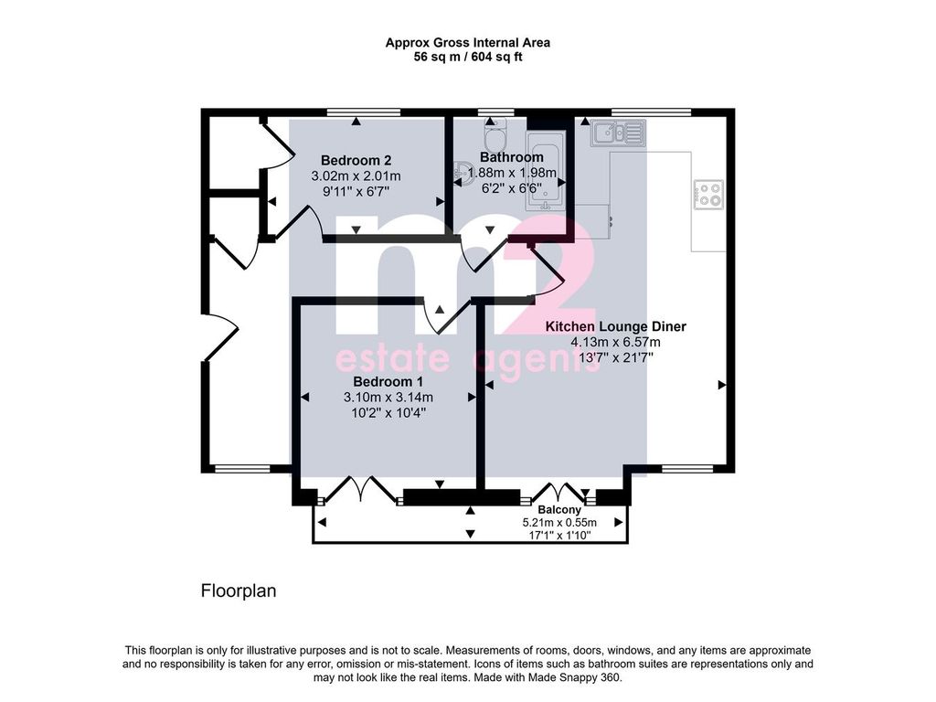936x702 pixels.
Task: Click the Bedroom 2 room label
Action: click(x=356, y=160)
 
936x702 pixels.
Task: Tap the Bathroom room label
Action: click(x=512, y=157)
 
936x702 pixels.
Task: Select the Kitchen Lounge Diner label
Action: click(x=616, y=326)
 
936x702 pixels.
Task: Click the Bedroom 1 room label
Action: click(x=388, y=381)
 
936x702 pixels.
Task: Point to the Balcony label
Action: click(x=559, y=510)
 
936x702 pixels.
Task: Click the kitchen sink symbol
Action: click(x=619, y=133)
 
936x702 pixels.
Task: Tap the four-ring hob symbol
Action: click(x=708, y=195)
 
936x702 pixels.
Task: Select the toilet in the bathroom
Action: click(x=495, y=133)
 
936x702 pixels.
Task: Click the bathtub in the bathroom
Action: click(x=545, y=172)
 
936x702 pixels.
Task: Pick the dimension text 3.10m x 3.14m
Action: click(x=388, y=397)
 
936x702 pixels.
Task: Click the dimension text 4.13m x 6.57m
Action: click(x=615, y=342)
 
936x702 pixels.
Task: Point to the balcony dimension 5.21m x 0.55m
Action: click(x=559, y=522)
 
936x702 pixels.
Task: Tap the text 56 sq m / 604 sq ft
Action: click(x=468, y=58)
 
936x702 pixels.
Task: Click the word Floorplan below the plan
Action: click(x=239, y=591)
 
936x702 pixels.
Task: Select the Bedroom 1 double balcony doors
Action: click(x=361, y=491)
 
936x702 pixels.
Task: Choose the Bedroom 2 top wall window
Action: click(x=364, y=112)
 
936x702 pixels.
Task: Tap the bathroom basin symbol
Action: click(x=462, y=171)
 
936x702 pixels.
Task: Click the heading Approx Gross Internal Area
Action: click(x=468, y=43)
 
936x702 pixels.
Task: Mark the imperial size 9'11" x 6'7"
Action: click(x=356, y=192)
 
